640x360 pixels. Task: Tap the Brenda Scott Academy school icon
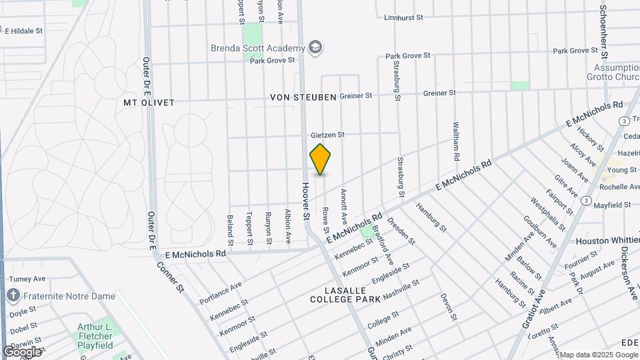point(315,47)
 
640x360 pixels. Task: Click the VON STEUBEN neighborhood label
point(303,97)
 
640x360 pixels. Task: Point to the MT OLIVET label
point(149,103)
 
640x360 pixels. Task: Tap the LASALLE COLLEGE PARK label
point(345,295)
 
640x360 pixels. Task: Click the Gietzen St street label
point(327,135)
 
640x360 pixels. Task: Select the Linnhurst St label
point(404,17)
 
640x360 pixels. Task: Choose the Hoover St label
point(307,201)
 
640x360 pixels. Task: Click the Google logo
point(21,351)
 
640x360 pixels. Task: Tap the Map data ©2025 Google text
point(599,355)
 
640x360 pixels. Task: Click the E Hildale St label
point(24,31)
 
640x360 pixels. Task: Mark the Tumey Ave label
point(27,279)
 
